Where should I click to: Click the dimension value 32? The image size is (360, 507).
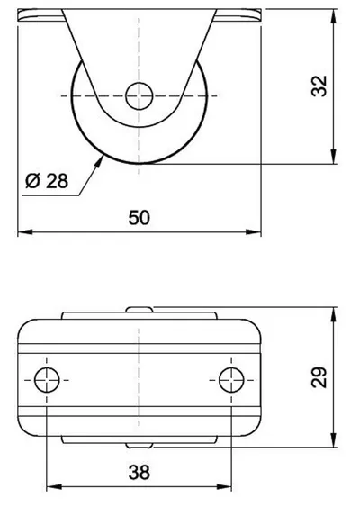pyautogui.click(x=319, y=86)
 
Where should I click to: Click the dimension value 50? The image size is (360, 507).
pyautogui.click(x=139, y=218)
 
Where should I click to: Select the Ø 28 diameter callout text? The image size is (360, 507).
pyautogui.click(x=47, y=181)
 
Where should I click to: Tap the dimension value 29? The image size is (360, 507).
pyautogui.click(x=319, y=377)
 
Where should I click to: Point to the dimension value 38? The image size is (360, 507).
pyautogui.click(x=139, y=472)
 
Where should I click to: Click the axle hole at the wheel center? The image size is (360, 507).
pyautogui.click(x=139, y=96)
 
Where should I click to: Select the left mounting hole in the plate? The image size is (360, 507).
pyautogui.click(x=47, y=380)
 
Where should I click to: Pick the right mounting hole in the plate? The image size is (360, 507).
pyautogui.click(x=231, y=380)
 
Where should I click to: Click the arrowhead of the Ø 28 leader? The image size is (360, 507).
pyautogui.click(x=98, y=162)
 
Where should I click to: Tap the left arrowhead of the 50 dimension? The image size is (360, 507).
pyautogui.click(x=25, y=231)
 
